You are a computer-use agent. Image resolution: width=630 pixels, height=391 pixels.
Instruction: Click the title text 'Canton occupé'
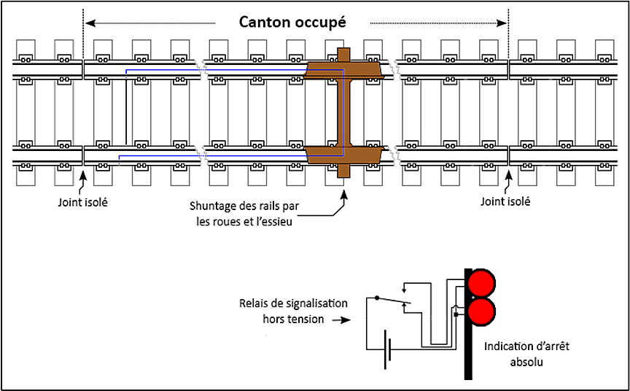click(293, 22)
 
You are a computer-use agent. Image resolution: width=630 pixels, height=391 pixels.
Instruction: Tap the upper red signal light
click(481, 282)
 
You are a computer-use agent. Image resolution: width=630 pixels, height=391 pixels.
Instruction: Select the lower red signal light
click(481, 311)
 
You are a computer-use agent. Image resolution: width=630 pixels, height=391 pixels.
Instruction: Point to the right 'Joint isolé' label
click(506, 201)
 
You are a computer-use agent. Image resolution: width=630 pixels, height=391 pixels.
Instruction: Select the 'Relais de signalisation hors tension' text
click(293, 311)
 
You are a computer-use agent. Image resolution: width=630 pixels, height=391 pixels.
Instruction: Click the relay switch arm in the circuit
click(392, 301)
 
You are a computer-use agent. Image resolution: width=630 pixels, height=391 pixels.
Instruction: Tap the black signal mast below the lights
click(468, 350)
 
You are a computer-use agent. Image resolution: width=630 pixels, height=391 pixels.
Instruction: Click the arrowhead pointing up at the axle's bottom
click(342, 195)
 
